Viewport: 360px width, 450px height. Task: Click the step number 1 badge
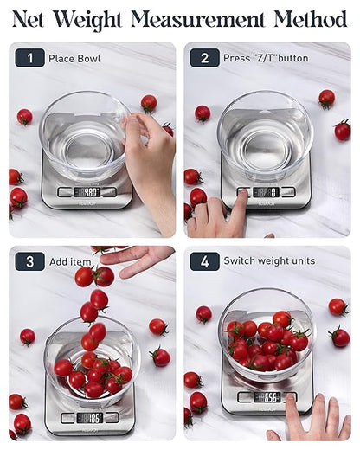point(29,58)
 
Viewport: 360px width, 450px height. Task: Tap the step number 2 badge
point(204,58)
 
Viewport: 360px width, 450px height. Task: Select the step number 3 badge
point(29,261)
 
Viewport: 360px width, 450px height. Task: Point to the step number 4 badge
point(204,261)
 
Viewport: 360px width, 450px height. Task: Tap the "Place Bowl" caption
point(74,59)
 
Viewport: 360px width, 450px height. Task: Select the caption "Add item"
point(71,261)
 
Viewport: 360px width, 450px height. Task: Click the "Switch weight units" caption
point(268,260)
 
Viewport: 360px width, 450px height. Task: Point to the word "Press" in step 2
point(236,59)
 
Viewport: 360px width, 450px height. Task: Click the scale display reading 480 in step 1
point(87,192)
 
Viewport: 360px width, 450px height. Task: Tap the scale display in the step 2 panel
point(265,192)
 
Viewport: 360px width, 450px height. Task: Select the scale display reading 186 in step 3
point(89,418)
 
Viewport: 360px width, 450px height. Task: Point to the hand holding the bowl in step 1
point(153,160)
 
